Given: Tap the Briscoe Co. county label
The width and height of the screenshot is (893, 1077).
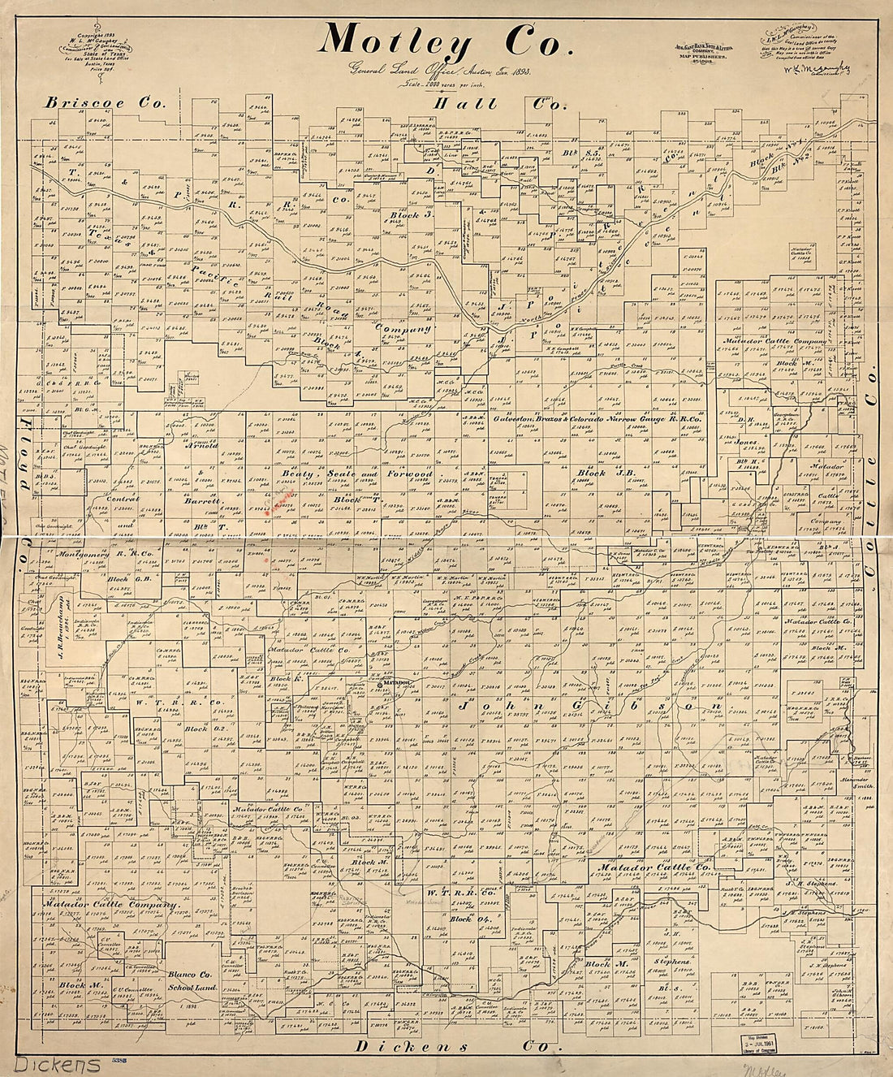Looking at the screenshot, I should pos(105,103).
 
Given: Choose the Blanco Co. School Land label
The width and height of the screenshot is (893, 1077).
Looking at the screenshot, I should pos(189,980).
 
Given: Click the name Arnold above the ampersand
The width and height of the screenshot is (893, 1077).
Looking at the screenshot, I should pos(201,445).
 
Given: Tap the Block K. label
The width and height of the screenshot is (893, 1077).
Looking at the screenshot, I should pos(280,677).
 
